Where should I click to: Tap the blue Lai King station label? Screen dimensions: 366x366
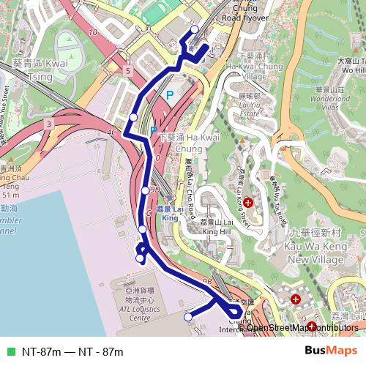pos(171,213)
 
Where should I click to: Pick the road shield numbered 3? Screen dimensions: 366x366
pos(48,125)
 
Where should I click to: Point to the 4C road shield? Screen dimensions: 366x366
pos(111,132)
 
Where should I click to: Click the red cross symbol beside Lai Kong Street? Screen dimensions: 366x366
pos(248,201)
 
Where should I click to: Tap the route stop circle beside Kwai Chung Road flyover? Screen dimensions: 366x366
pos(194,30)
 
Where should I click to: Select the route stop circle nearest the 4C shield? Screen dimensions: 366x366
pos(133,117)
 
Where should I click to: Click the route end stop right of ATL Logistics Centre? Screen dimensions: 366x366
pos(188,317)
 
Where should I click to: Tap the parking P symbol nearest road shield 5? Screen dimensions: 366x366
pos(169,94)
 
